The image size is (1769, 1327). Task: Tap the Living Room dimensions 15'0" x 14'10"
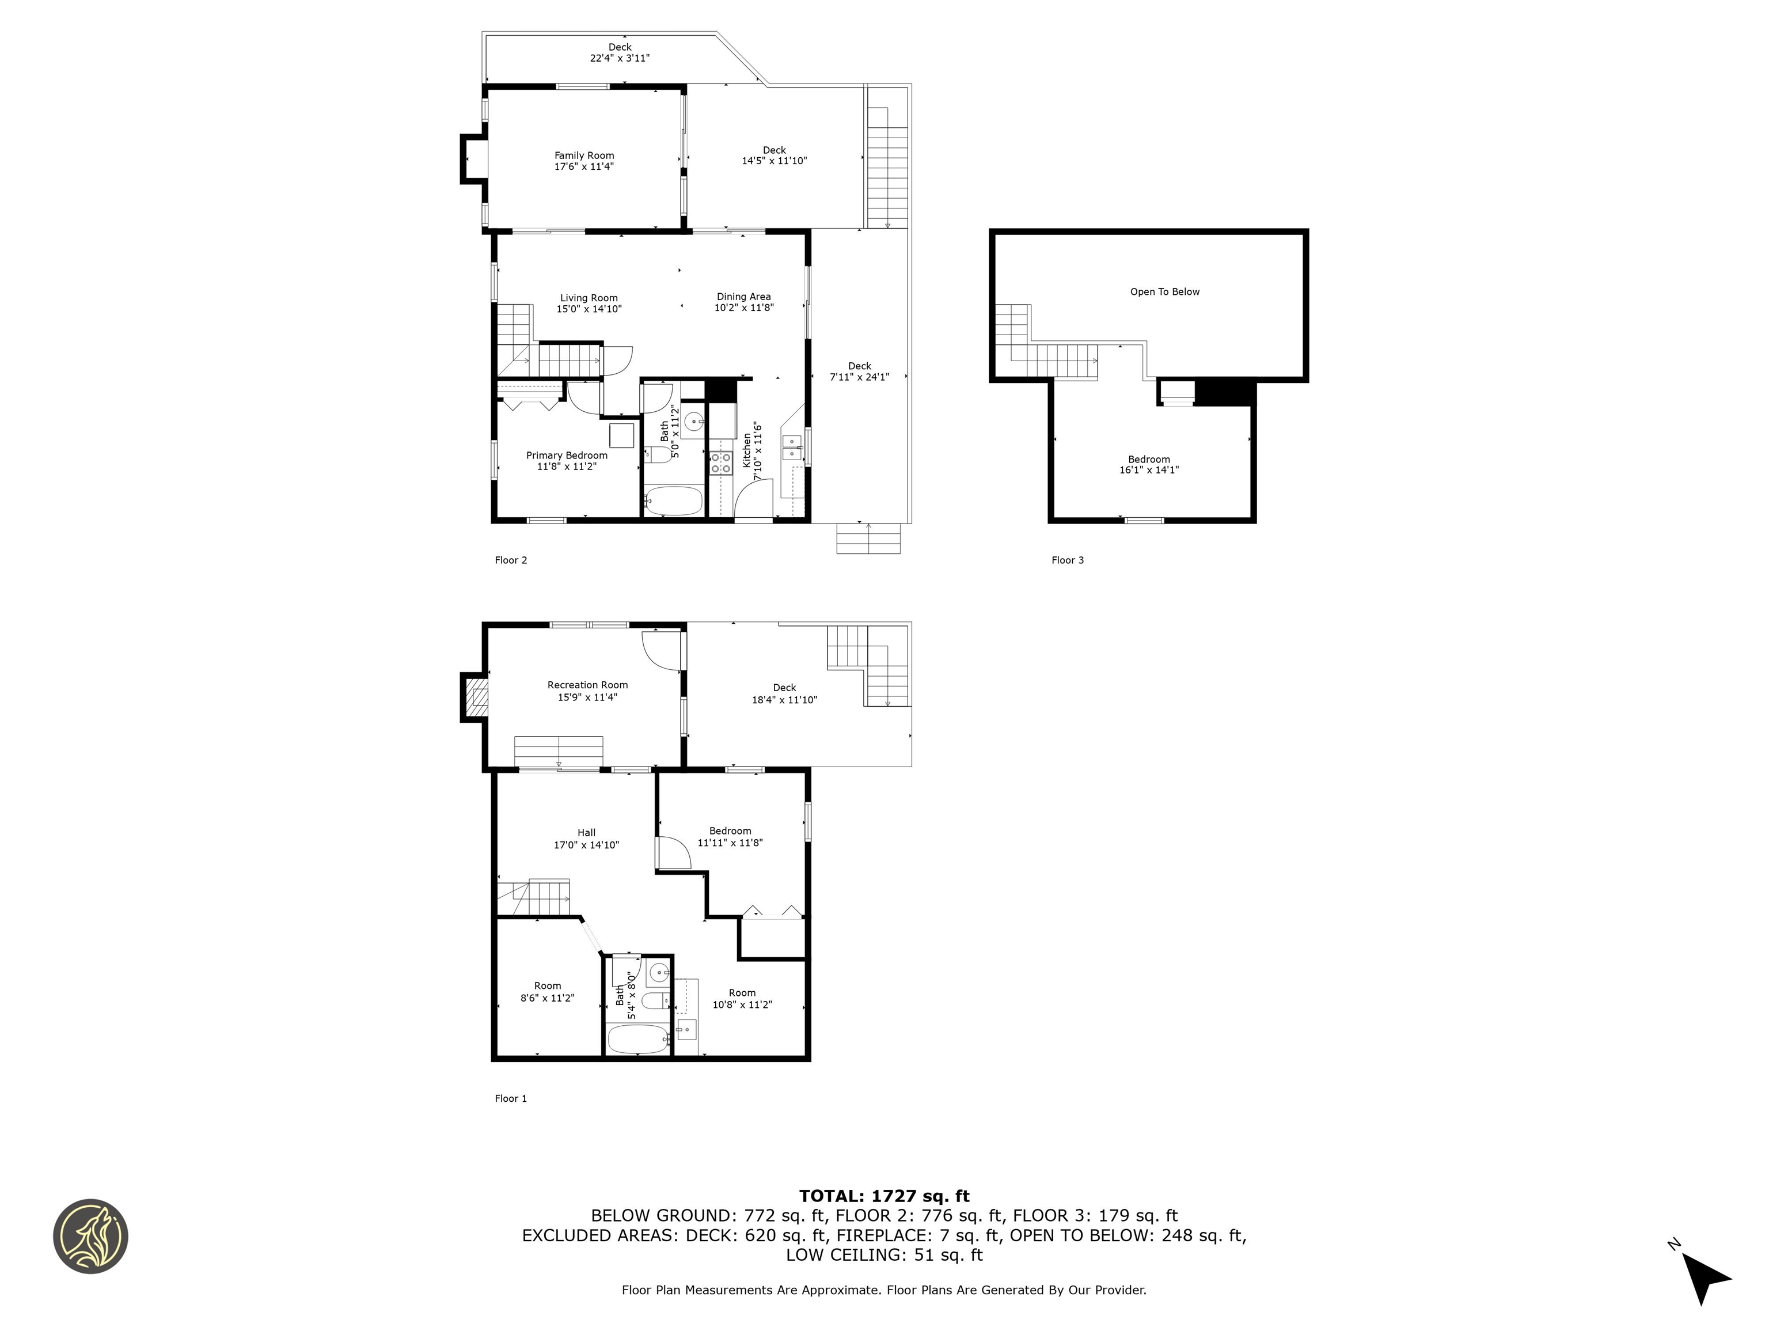click(589, 309)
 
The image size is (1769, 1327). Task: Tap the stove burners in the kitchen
click(720, 462)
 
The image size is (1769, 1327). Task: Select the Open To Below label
click(1164, 292)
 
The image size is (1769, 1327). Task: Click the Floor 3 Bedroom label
click(1148, 459)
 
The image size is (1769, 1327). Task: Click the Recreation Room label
click(587, 685)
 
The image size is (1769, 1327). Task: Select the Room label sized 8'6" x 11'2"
click(547, 986)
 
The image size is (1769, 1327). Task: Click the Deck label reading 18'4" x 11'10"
click(784, 693)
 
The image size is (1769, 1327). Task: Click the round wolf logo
click(90, 1236)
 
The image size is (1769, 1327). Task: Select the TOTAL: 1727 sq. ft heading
click(884, 1196)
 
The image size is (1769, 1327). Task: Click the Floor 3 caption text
click(1067, 560)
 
